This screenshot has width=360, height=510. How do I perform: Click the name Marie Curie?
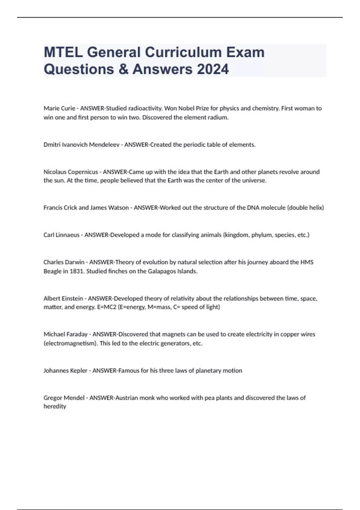[x=59, y=108]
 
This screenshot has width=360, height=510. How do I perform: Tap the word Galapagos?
[x=162, y=271]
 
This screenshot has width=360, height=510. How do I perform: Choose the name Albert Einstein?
[x=63, y=298]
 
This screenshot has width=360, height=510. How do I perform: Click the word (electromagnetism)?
[x=71, y=343]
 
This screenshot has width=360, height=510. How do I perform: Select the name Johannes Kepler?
[x=65, y=371]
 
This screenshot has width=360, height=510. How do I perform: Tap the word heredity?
[x=55, y=406]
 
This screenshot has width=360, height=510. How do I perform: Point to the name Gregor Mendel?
[x=64, y=398]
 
